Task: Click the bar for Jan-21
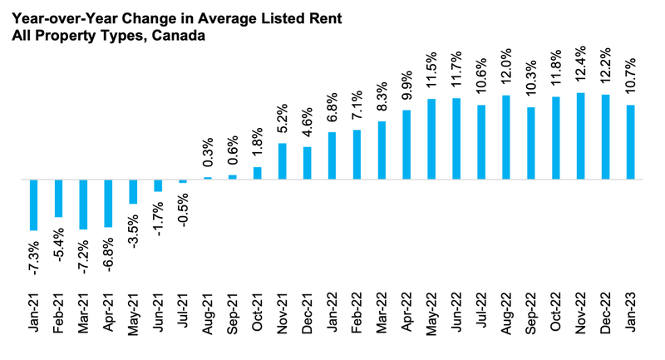click(x=33, y=205)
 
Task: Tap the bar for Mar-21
click(x=83, y=205)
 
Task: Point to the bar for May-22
click(x=432, y=139)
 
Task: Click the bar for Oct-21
click(x=258, y=173)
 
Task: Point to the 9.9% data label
click(x=407, y=87)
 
